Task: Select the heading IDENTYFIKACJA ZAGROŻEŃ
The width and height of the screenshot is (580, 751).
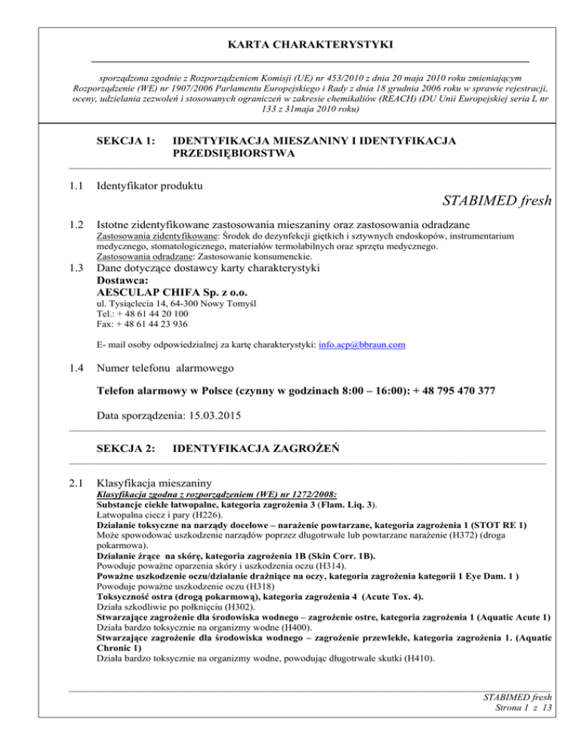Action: (x=255, y=448)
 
